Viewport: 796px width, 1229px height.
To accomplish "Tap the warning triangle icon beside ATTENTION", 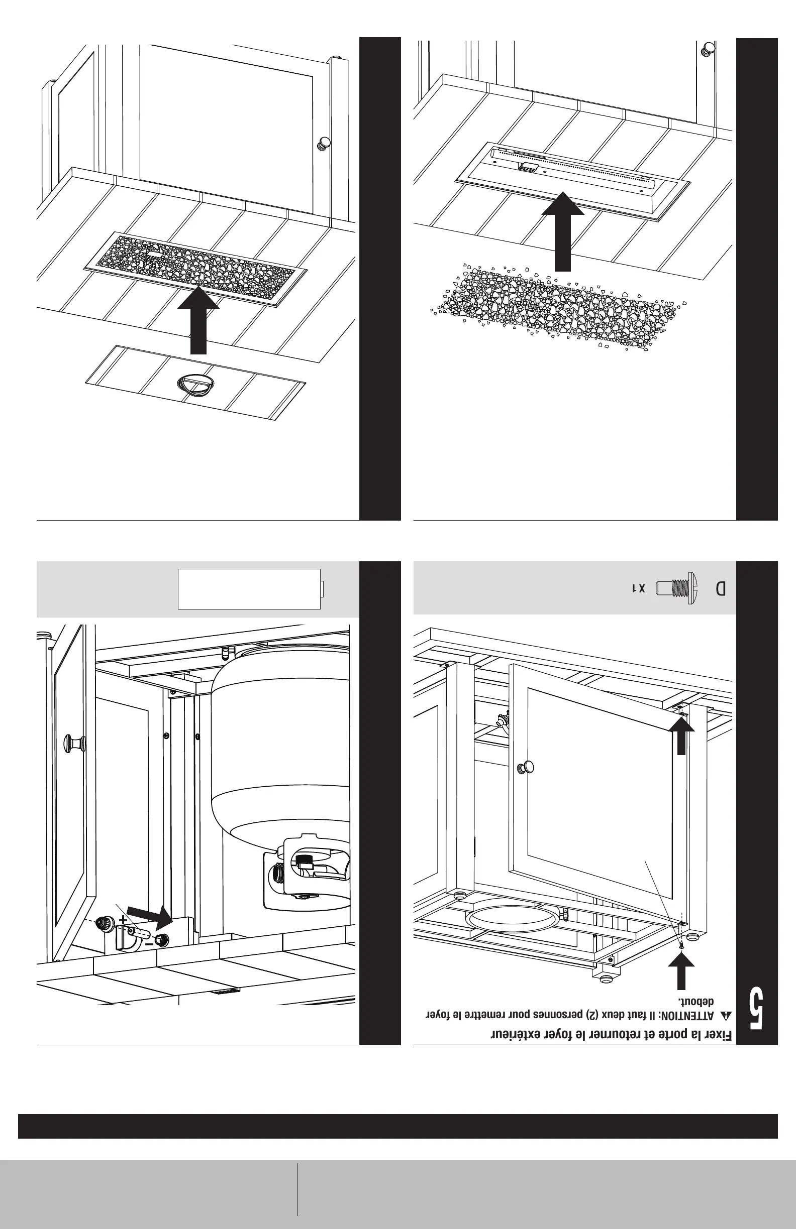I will pos(726,1016).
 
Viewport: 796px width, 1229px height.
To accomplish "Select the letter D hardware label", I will pos(721,589).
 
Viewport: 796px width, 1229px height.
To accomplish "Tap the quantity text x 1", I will pos(639,589).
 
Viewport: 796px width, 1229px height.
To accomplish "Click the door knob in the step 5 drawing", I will pos(526,767).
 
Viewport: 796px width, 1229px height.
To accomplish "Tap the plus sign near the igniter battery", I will pos(123,920).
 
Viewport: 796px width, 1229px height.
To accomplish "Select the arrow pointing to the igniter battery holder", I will pos(151,917).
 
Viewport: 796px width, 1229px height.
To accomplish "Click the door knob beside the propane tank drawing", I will pos(74,743).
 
